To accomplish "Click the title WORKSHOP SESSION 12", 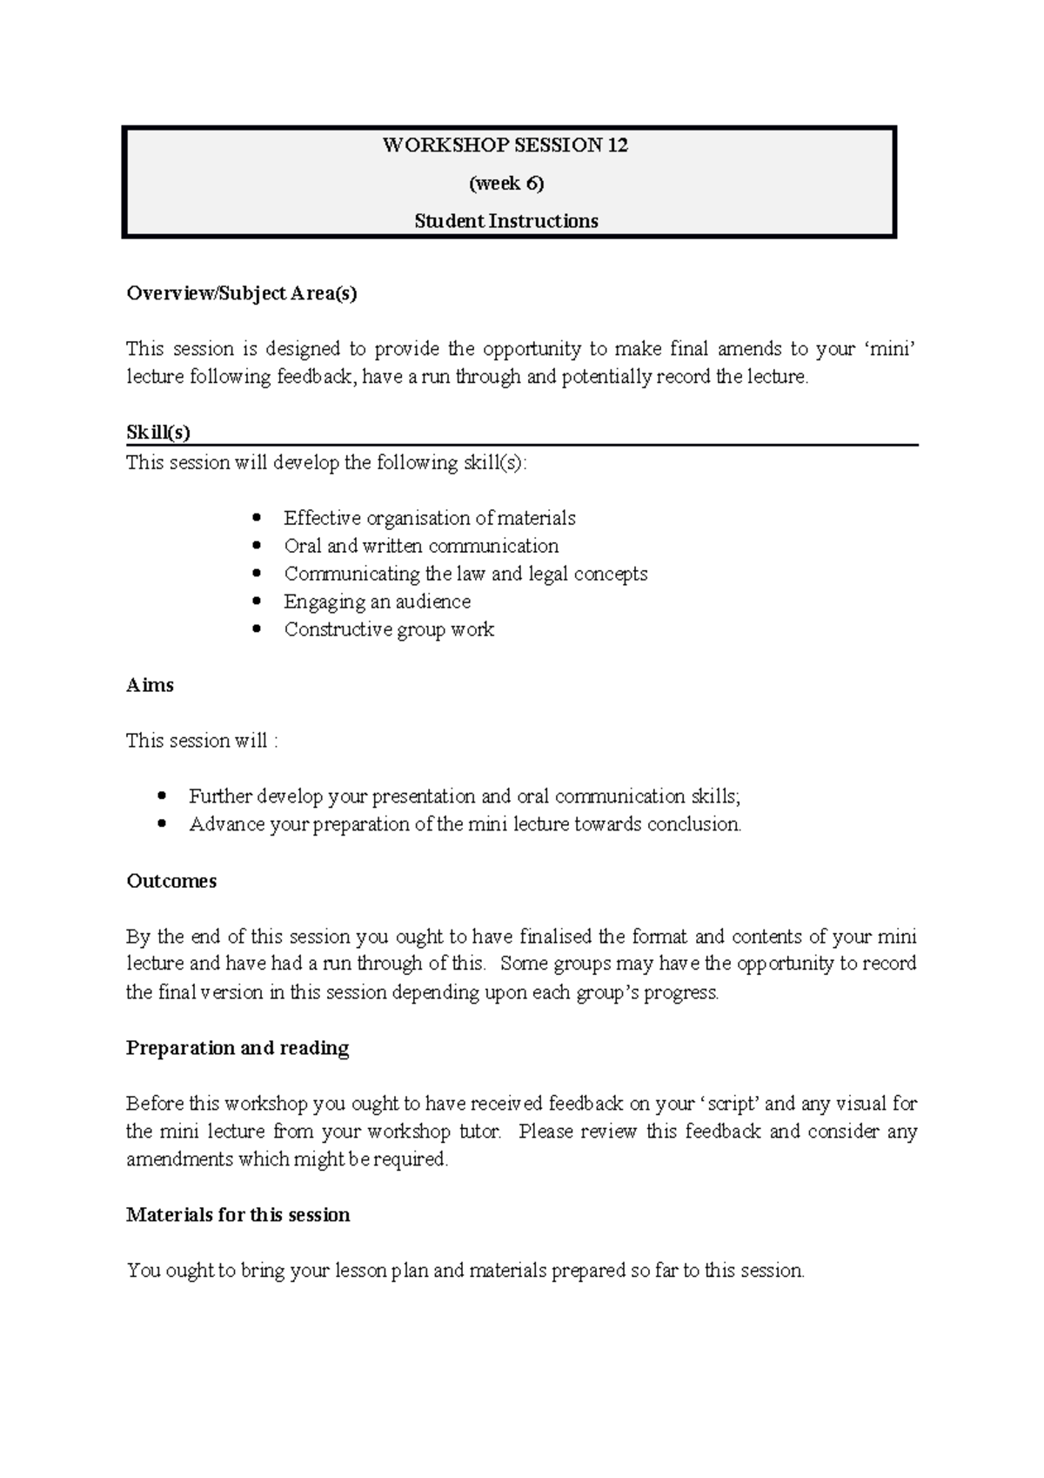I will [505, 145].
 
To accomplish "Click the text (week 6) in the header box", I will [506, 183].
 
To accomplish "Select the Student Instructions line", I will [506, 221].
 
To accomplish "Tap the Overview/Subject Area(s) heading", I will [242, 293].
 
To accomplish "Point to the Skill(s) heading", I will [158, 433].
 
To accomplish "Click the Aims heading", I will [150, 685].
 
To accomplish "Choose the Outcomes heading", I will [171, 881].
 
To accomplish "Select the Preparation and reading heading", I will [238, 1048].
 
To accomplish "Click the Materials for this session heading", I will [238, 1215].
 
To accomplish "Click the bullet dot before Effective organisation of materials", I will [256, 519].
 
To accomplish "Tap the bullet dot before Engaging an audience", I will [256, 602].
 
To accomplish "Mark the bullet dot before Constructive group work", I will [256, 630].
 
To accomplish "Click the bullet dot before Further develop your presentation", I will [161, 796].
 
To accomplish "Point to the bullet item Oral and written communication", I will [421, 547].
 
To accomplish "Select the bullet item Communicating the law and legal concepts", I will [465, 574].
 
